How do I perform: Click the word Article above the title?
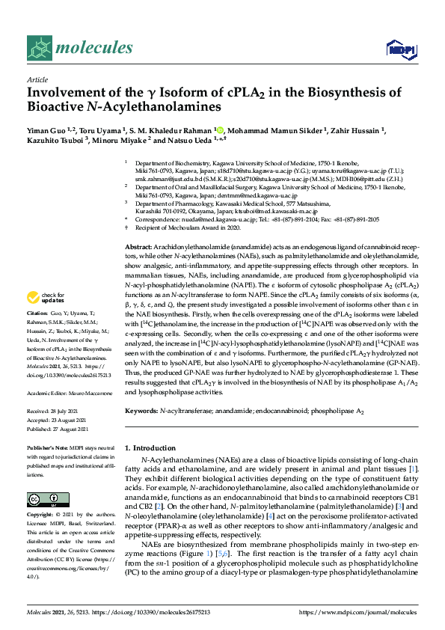point(37,78)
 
